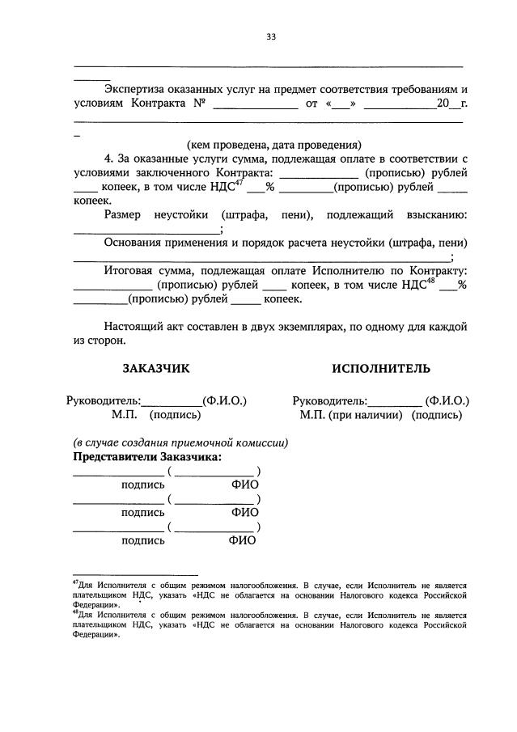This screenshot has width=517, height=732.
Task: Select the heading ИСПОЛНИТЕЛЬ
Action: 380,369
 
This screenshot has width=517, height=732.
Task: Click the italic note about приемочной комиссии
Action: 180,442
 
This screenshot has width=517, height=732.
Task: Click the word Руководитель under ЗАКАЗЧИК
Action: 103,400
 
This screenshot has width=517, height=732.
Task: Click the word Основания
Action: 138,242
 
